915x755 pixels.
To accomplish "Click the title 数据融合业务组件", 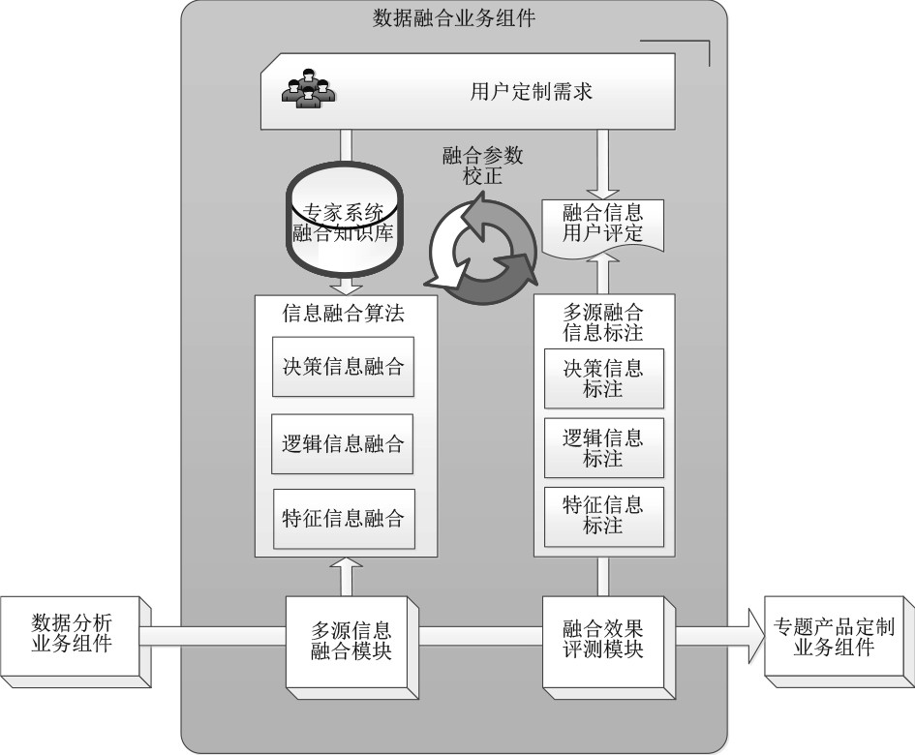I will click(x=454, y=18).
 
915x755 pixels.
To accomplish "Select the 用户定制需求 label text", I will click(x=531, y=93).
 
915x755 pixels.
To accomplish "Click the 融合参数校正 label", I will click(x=481, y=166).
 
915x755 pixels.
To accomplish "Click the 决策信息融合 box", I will click(x=343, y=367).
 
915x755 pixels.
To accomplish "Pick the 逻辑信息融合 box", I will click(x=343, y=445).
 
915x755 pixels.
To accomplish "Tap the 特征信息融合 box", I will click(x=343, y=518).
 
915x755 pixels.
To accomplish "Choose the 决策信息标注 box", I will click(x=603, y=378).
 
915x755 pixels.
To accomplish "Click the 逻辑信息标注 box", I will click(x=603, y=447).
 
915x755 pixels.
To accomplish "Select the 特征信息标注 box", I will click(x=603, y=516).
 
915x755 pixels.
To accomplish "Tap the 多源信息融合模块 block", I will click(x=351, y=639).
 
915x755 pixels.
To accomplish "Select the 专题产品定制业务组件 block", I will click(x=834, y=638).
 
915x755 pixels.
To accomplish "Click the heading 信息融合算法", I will click(x=343, y=314).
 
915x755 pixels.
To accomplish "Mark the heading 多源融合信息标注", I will click(x=603, y=322).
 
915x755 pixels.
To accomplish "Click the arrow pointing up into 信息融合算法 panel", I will click(x=344, y=575).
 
